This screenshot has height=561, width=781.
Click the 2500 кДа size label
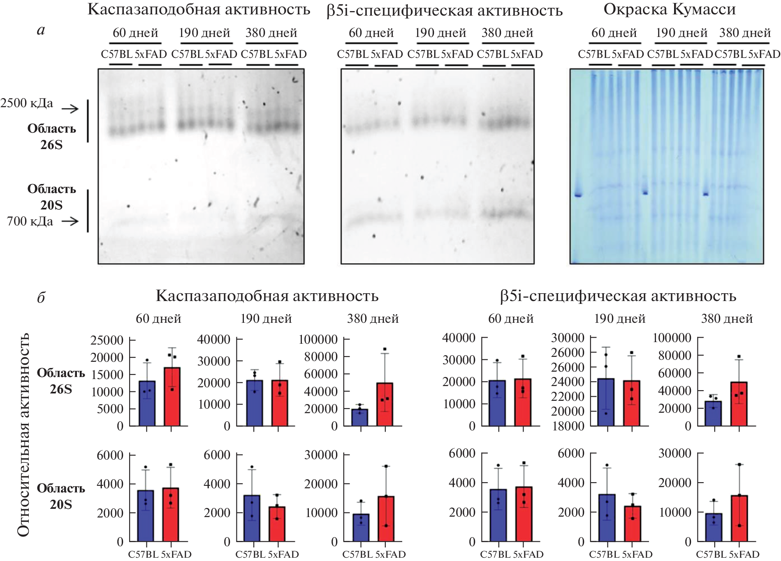pyautogui.click(x=27, y=103)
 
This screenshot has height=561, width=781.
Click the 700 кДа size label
pyautogui.click(x=30, y=221)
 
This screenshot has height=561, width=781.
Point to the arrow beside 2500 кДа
pyautogui.click(x=70, y=109)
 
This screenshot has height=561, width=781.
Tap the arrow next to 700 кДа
pyautogui.click(x=70, y=221)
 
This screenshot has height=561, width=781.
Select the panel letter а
pyautogui.click(x=41, y=30)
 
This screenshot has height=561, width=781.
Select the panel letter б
pyautogui.click(x=41, y=297)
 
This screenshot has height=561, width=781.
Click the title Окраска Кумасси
pyautogui.click(x=669, y=9)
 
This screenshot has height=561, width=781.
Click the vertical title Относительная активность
pyautogui.click(x=23, y=435)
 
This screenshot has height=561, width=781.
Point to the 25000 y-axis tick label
pyautogui.click(x=107, y=340)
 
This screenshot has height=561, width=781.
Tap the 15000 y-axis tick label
pyautogui.click(x=107, y=375)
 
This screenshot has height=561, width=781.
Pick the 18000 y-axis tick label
pyautogui.click(x=568, y=426)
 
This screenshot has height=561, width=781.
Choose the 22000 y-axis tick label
pyautogui.click(x=568, y=396)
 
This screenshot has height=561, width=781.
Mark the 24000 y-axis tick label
pyautogui.click(x=568, y=382)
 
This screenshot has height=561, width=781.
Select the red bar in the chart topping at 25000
pyautogui.click(x=172, y=397)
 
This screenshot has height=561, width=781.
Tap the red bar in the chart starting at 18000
pyautogui.click(x=631, y=403)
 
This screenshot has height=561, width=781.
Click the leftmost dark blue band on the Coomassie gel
pyautogui.click(x=578, y=195)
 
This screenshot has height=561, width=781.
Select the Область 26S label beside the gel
pyautogui.click(x=52, y=136)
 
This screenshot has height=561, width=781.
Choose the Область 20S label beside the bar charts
pyautogui.click(x=61, y=496)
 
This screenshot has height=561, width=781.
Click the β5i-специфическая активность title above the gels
pyautogui.click(x=444, y=11)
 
